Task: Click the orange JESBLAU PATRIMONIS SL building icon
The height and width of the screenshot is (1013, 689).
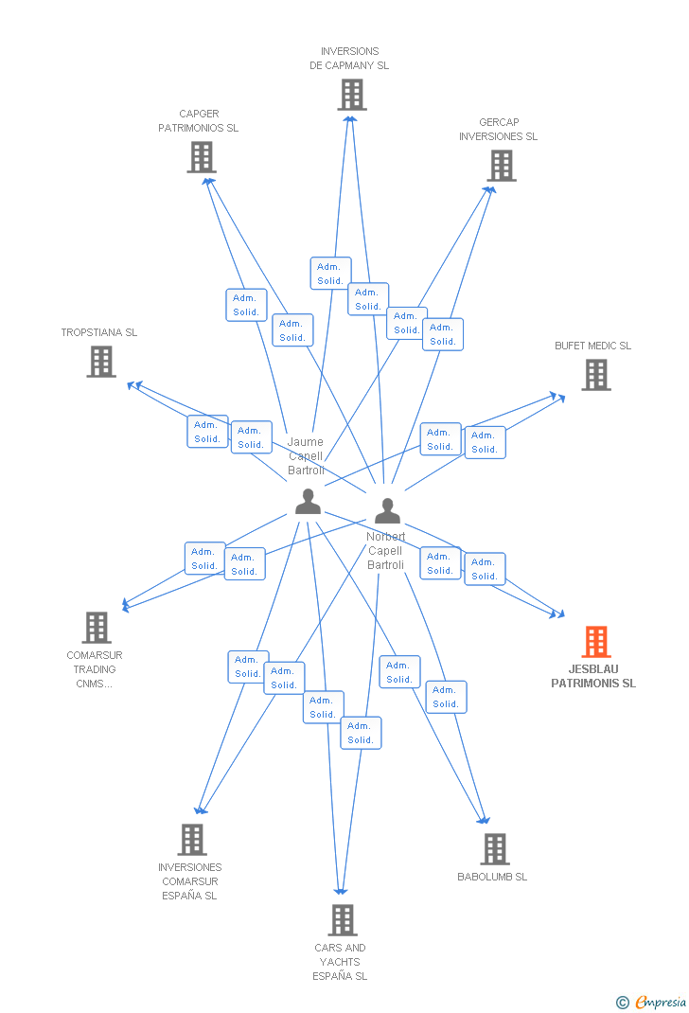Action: (595, 642)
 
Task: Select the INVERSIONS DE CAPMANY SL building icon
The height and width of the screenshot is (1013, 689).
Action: (351, 95)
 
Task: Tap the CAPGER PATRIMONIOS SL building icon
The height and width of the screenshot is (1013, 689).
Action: (201, 157)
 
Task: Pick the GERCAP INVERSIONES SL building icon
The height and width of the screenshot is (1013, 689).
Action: (501, 166)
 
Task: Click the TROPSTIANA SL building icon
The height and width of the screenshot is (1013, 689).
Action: (101, 362)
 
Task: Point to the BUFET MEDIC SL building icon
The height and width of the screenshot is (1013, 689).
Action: (595, 375)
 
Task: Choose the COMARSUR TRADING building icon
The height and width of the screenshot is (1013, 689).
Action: (96, 627)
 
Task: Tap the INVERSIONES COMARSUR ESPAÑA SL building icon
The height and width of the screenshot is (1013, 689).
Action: (192, 839)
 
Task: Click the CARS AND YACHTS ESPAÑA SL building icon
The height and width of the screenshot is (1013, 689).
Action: (342, 919)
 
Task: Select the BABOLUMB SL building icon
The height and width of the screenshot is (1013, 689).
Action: (494, 849)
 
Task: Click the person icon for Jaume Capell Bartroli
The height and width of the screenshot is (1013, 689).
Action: (308, 502)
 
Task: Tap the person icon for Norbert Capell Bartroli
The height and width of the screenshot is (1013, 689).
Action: (387, 511)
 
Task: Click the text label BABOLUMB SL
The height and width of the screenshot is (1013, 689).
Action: (492, 877)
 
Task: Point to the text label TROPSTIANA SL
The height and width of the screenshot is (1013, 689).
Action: (99, 333)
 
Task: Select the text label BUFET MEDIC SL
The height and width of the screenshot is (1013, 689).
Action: (592, 347)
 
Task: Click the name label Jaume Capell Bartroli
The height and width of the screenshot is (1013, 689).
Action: (306, 456)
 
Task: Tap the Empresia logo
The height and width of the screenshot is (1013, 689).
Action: (661, 1002)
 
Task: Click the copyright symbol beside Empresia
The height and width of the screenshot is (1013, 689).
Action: (622, 1002)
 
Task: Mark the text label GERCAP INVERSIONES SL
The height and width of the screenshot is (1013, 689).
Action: (498, 130)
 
